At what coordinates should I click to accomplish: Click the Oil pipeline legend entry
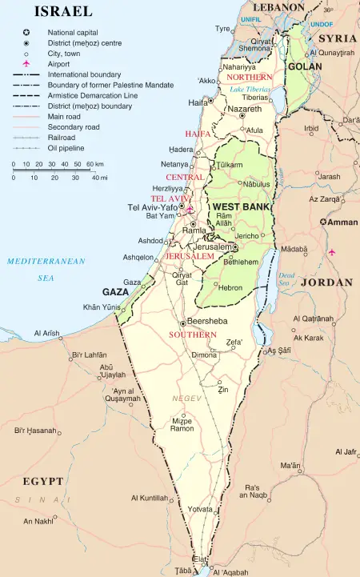click(68, 148)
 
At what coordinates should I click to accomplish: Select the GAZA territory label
click(116, 293)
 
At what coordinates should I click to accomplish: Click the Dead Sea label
click(286, 279)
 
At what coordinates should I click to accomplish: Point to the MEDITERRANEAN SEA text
click(46, 269)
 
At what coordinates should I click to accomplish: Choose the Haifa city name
click(198, 103)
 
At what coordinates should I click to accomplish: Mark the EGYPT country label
click(42, 482)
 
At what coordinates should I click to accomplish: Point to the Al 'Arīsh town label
click(47, 333)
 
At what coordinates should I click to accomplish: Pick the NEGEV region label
click(186, 398)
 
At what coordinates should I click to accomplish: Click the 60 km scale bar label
click(93, 164)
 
